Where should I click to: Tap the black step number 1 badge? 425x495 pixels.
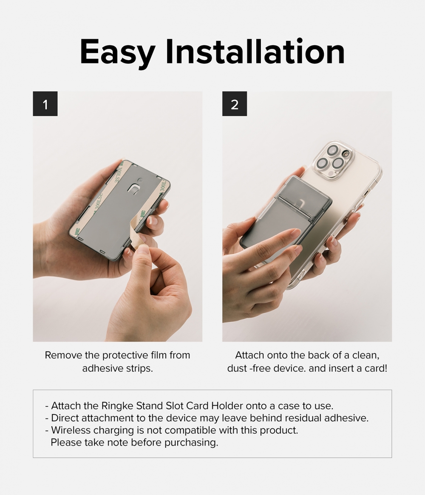point(45,104)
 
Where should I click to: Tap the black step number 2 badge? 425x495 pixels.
point(235,104)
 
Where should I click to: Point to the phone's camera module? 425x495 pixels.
point(333,160)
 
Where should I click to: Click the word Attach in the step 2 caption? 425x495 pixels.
point(250,355)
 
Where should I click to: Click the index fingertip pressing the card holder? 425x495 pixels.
point(295,233)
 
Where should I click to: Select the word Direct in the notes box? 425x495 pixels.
point(65,418)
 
